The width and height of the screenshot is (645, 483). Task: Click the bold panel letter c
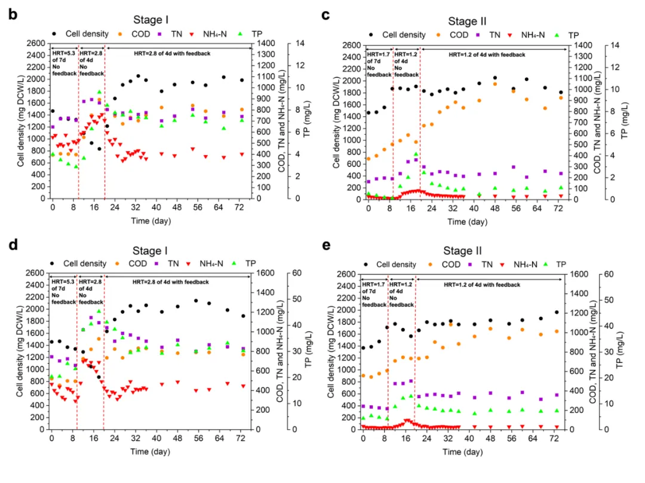[326, 14]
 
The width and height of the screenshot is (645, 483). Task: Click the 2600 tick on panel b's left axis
[36, 44]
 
